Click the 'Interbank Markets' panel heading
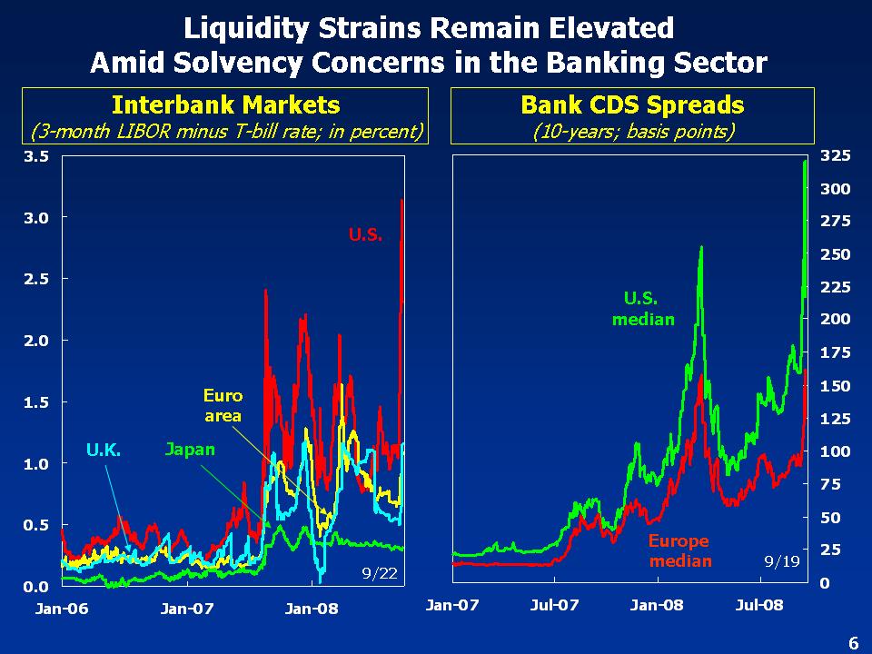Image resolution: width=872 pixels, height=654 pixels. point(225,104)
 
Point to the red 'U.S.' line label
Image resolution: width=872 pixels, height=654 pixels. point(366,234)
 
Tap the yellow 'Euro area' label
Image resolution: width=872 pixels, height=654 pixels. point(223,406)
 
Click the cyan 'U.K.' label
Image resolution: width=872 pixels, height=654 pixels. point(104,449)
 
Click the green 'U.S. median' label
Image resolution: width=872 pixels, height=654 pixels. point(643,308)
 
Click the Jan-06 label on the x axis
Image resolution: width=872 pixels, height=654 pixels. point(62,609)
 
